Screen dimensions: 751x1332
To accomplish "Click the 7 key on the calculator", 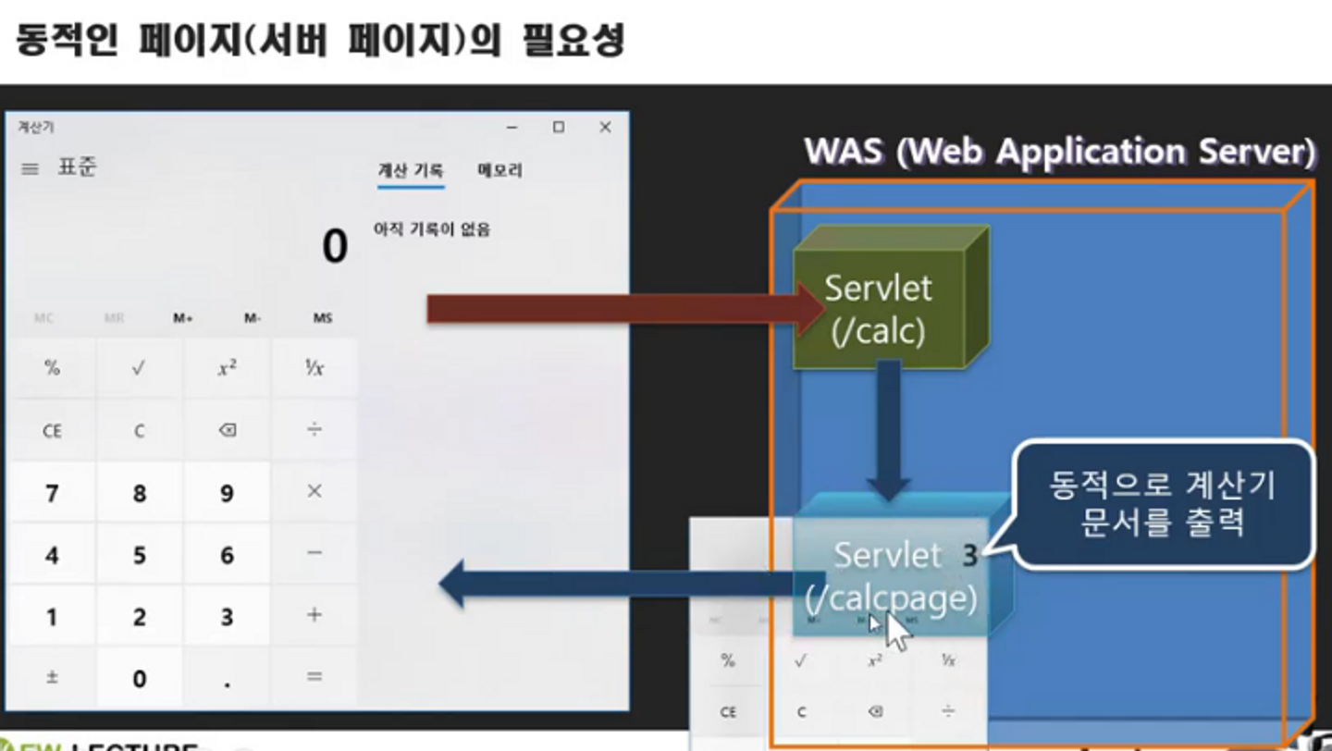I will coord(52,493).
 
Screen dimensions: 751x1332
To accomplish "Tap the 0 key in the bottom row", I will coord(139,678).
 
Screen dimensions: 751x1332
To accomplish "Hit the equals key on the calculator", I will coord(314,677).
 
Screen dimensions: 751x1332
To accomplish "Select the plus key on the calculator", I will coord(314,615).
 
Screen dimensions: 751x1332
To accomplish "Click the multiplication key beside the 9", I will coord(314,491).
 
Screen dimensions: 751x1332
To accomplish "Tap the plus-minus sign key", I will coord(52,677).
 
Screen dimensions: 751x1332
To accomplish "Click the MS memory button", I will coord(322,318).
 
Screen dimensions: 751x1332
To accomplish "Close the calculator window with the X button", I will coord(605,128).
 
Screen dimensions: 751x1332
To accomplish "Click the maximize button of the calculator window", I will coord(559,128).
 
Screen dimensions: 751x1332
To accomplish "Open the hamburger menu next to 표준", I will coord(31,169).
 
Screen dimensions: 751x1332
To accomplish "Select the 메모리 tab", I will coord(499,171).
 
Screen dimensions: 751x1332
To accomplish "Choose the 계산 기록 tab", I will coord(411,171).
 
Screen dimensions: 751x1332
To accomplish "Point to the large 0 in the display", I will coord(335,247).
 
